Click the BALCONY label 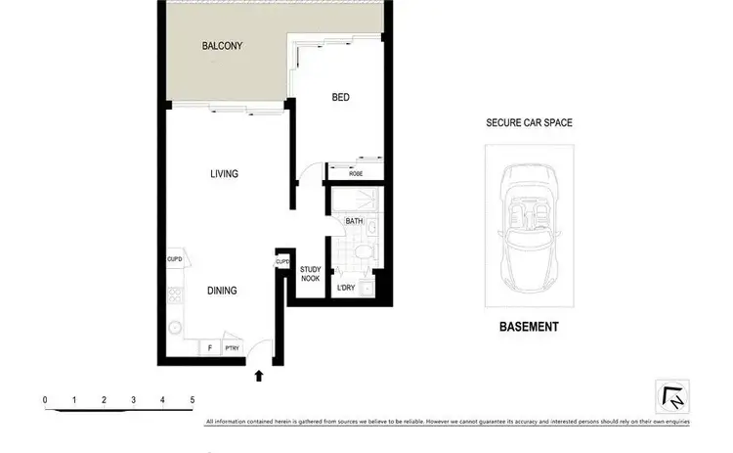222,46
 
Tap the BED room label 340,98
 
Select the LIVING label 225,174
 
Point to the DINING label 222,291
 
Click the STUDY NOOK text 311,274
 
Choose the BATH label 354,222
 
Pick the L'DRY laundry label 345,288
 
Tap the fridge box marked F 209,347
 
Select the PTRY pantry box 232,347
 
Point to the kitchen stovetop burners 175,294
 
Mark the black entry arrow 260,374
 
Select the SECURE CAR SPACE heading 529,123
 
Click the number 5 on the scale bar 193,399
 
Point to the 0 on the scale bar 45,399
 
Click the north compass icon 672,397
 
